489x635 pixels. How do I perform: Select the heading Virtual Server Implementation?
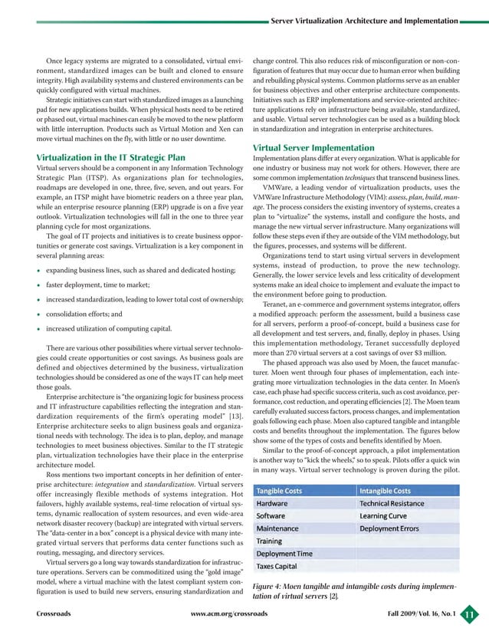pos(310,148)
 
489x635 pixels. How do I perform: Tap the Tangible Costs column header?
pos(284,491)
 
